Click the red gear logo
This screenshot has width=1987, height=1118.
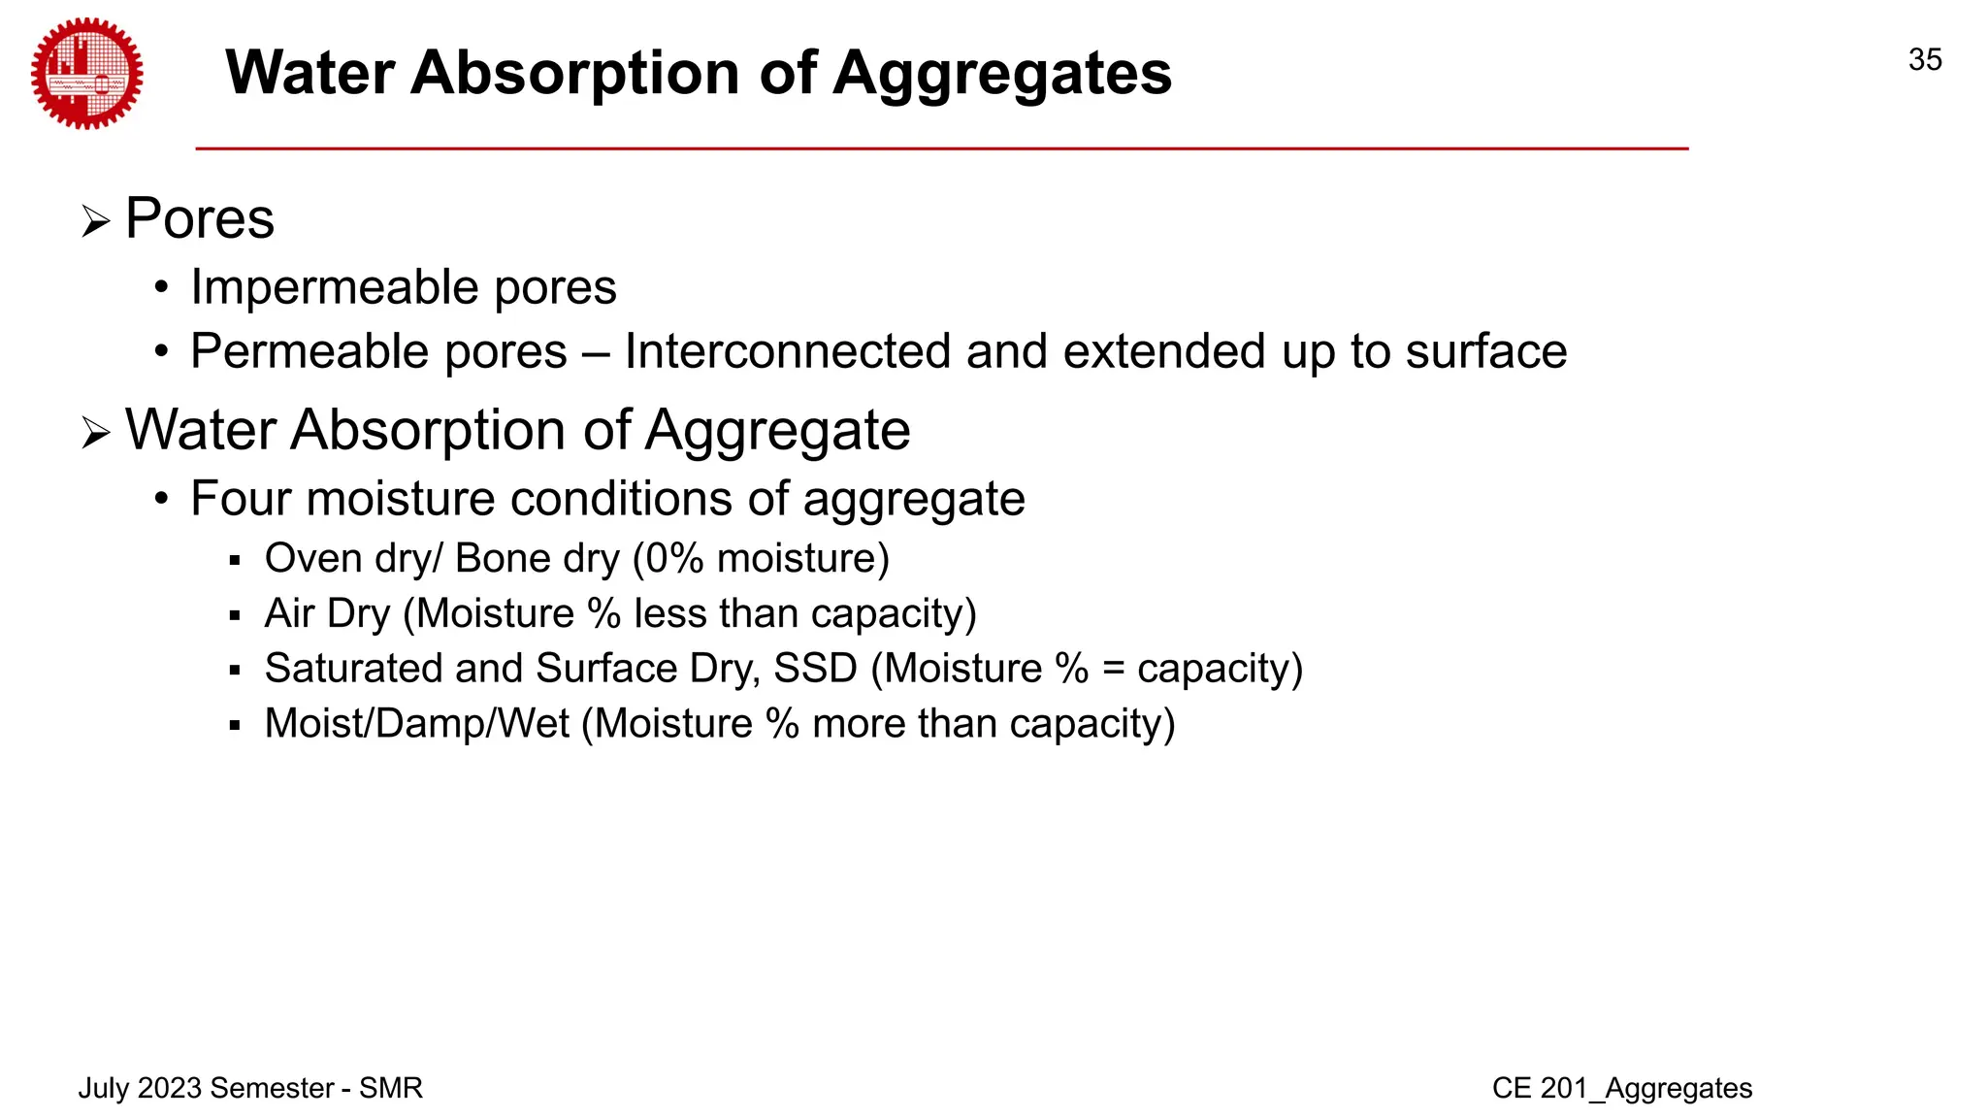tap(86, 74)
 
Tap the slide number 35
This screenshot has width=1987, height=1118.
tap(1925, 60)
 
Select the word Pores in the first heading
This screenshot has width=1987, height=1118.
tap(200, 218)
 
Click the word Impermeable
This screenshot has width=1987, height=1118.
tap(334, 287)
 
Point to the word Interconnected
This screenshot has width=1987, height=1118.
tap(787, 351)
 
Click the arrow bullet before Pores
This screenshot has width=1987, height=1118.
tap(95, 222)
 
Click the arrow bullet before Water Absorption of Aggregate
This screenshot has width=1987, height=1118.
tap(95, 433)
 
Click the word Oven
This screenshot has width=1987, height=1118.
tap(312, 559)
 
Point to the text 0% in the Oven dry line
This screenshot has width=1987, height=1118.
tap(674, 559)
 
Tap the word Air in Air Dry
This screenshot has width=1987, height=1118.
tap(289, 614)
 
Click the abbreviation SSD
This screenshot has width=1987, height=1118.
tap(815, 669)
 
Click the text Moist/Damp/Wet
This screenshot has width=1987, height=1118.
tap(417, 724)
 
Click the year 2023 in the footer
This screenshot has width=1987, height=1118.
tap(170, 1088)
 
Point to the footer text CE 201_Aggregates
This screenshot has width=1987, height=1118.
tap(1622, 1088)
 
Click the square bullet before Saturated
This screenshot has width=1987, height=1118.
tap(234, 671)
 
